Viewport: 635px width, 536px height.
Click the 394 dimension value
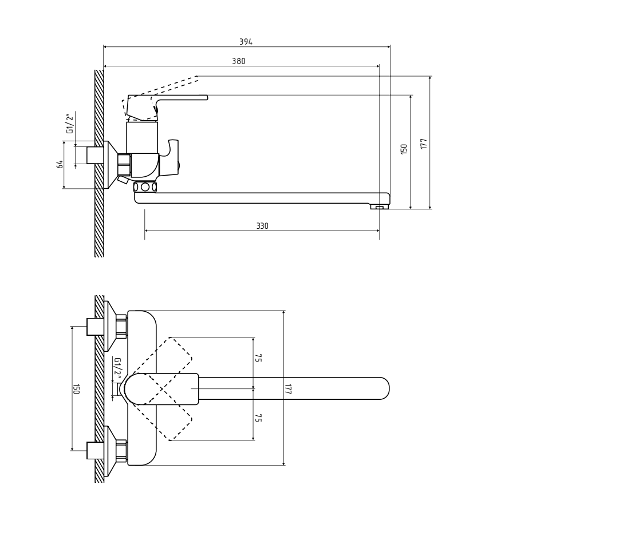pos(246,42)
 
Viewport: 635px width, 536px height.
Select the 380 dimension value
pos(239,61)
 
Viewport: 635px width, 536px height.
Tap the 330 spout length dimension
pos(262,227)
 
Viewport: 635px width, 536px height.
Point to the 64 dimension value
pos(60,165)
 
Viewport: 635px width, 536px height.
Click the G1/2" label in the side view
pos(70,124)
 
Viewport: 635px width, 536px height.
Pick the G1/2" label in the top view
pos(117,368)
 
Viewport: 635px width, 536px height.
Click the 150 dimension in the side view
pos(404,149)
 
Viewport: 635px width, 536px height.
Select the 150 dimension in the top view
pos(76,389)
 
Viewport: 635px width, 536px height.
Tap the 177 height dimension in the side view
pos(424,143)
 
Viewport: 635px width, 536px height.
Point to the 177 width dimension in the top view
pos(289,389)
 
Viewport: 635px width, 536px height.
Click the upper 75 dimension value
pos(258,358)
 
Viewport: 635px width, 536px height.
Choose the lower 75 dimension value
pos(258,418)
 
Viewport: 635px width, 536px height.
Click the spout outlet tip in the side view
pos(380,207)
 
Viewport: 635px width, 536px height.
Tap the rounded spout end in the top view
pos(382,388)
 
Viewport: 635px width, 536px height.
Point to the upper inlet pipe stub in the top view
pos(94,327)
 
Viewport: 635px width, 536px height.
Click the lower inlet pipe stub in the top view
pos(94,450)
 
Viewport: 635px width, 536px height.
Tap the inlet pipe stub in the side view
pos(94,155)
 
